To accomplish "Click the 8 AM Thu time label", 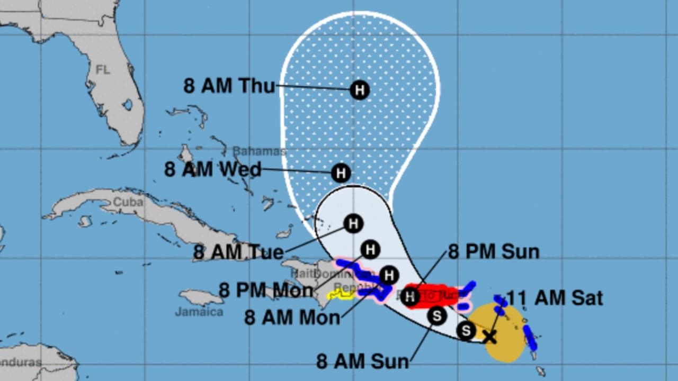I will (229, 85).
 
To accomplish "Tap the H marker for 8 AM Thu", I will (360, 90).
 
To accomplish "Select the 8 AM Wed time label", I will (213, 170).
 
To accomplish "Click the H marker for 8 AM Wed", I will (341, 173).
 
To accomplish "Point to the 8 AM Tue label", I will (238, 252).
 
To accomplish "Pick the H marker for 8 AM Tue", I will (353, 224).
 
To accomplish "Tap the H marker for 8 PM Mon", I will (370, 249).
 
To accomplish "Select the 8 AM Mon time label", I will (292, 317).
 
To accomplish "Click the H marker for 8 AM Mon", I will (389, 275).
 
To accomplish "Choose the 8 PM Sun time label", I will (494, 252).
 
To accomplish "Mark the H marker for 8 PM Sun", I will (409, 297).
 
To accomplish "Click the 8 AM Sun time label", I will (362, 361).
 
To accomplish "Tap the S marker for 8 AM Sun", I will (437, 316).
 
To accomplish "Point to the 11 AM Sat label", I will (555, 298).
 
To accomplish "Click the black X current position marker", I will (490, 336).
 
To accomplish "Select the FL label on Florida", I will (103, 69).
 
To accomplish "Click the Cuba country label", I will (128, 202).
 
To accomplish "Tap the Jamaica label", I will (199, 312).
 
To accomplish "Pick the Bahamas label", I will (259, 151).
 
